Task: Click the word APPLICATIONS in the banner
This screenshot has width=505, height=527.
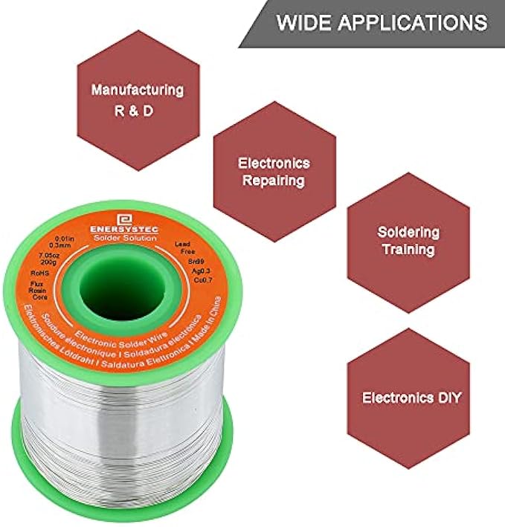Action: point(412,22)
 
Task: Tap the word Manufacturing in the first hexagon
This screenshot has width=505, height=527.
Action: point(137,90)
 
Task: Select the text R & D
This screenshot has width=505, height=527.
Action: point(137,115)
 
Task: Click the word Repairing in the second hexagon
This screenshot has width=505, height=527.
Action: point(274,180)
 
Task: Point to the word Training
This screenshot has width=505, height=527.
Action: point(408,249)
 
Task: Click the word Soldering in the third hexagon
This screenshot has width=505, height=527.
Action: point(408,231)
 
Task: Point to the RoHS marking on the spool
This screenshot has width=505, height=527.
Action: point(39,274)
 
